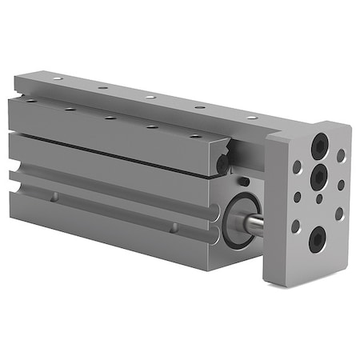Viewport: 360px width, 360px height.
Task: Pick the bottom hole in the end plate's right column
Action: [x=339, y=214]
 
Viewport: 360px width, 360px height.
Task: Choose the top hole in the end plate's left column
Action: [x=297, y=167]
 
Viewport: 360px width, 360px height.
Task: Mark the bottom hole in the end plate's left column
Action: [x=295, y=226]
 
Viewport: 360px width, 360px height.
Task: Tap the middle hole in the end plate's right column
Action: [x=341, y=185]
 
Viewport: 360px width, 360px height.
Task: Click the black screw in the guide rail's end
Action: [x=222, y=164]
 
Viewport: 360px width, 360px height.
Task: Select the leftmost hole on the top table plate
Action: [x=57, y=79]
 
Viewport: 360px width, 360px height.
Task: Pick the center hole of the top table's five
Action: [x=150, y=97]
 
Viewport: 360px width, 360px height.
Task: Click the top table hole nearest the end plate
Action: [x=252, y=117]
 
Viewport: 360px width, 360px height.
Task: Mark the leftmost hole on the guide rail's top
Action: [x=31, y=100]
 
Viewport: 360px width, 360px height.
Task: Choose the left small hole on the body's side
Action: [x=54, y=197]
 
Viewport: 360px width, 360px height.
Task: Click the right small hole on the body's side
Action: [x=174, y=228]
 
